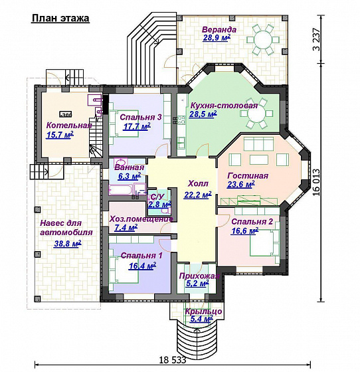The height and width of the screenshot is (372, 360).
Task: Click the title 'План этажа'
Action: click(60, 19)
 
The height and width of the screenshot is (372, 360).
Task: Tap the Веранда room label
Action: click(219, 30)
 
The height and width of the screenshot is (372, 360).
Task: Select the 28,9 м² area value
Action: click(217, 38)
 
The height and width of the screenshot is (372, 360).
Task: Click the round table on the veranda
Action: click(262, 40)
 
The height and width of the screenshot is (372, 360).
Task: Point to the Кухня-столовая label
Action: click(224, 106)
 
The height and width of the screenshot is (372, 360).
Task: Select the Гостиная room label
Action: click(248, 176)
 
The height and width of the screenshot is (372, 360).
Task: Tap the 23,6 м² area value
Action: click(241, 184)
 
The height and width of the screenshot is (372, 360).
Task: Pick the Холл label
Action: click(198, 183)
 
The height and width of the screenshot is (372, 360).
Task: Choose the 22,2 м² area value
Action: click(198, 195)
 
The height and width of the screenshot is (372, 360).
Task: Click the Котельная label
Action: click(69, 126)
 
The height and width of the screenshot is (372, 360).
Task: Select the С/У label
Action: click(157, 197)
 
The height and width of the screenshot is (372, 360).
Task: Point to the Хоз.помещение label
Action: click(141, 219)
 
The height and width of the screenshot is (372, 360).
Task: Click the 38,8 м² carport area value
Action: click(68, 243)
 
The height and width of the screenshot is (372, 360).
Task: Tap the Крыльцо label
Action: click(204, 312)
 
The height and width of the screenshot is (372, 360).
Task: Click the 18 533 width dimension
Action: click(172, 360)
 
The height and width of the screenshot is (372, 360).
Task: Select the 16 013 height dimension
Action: click(316, 182)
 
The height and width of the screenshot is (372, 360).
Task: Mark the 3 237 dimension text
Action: click(316, 40)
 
